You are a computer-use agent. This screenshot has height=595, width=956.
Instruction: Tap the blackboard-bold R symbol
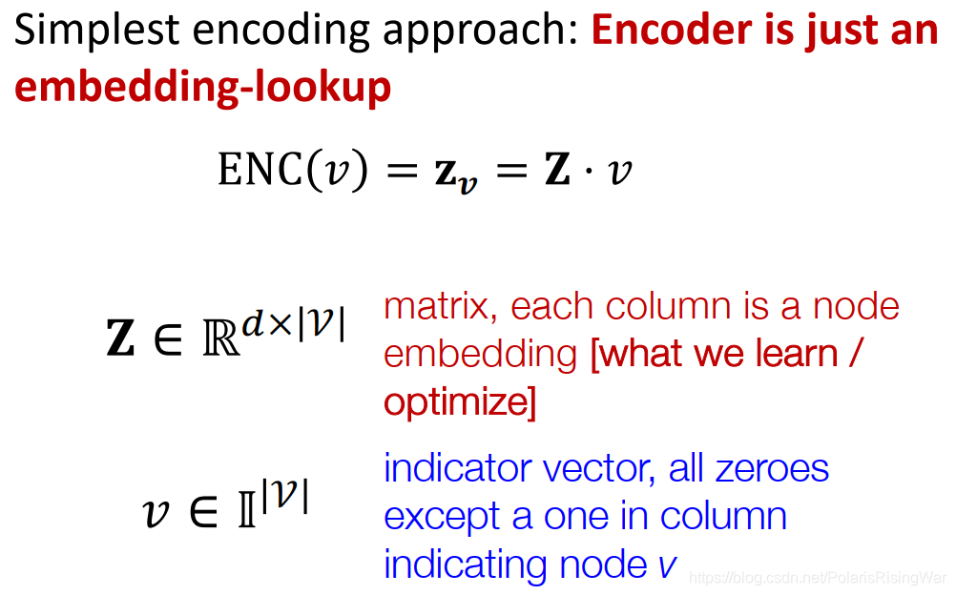[x=221, y=339]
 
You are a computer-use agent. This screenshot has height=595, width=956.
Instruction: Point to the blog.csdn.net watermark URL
[x=818, y=578]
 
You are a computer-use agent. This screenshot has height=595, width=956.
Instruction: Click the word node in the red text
[x=856, y=307]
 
